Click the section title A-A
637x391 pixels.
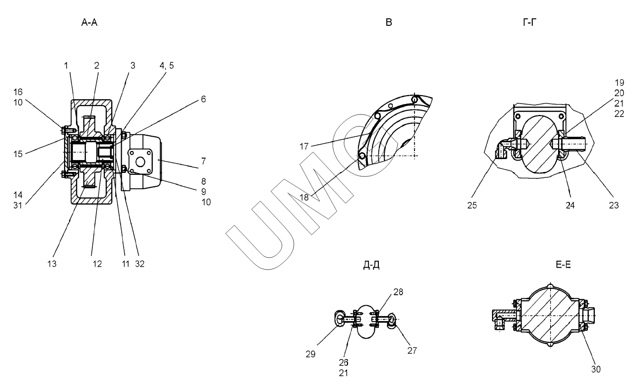point(91,23)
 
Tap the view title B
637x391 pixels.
point(388,23)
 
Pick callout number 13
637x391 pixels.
point(52,264)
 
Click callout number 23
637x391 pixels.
point(614,204)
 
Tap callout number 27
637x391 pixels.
point(412,350)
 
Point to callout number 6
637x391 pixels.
point(203,100)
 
